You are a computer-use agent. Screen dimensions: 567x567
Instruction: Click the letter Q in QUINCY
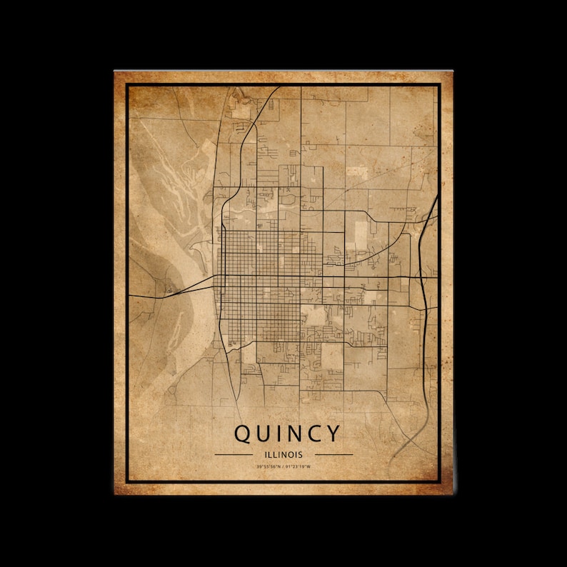click(243, 433)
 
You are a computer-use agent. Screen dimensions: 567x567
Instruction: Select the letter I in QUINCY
click(279, 433)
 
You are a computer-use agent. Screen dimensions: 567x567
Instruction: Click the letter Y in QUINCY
click(331, 433)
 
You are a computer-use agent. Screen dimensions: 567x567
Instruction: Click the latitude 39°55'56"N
click(269, 467)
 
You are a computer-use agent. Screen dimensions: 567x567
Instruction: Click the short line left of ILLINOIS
click(234, 453)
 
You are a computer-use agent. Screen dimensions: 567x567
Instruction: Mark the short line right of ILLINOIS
click(333, 453)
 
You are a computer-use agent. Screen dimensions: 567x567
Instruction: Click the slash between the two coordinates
click(283, 467)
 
